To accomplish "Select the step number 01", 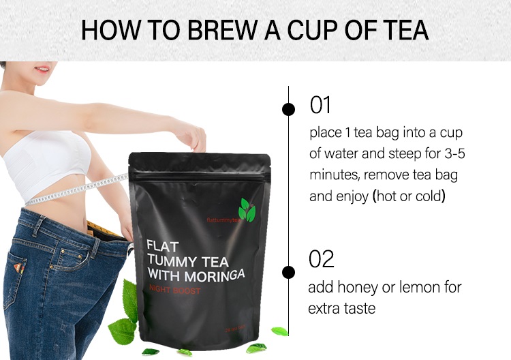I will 320,106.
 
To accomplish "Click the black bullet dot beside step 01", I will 289,108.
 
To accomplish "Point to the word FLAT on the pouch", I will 164,245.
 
